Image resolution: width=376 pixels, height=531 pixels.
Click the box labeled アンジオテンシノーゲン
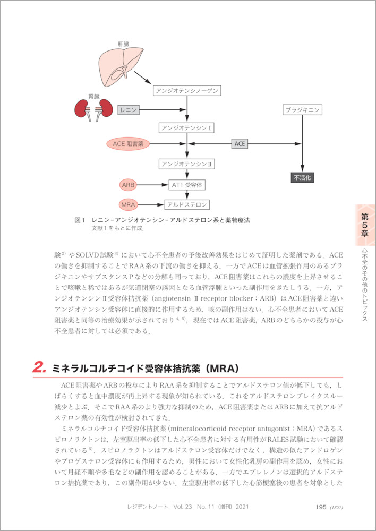(x=186, y=91)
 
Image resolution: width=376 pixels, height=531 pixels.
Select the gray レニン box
(x=129, y=110)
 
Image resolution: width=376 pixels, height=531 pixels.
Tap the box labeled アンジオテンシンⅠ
(x=186, y=127)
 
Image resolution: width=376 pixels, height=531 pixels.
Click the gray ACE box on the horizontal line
(x=240, y=143)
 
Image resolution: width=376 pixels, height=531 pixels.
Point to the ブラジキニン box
(x=302, y=110)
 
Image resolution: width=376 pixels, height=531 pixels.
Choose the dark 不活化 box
(x=302, y=177)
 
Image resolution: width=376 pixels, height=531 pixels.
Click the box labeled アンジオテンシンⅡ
(x=186, y=164)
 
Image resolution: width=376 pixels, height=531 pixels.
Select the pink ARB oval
(x=128, y=185)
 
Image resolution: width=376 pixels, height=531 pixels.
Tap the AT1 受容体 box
(x=187, y=185)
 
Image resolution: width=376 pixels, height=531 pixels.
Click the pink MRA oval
(x=128, y=204)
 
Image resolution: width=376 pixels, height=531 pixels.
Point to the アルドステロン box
(x=187, y=204)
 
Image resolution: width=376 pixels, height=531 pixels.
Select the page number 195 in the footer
(x=320, y=507)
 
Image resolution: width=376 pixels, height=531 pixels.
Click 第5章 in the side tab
(x=365, y=225)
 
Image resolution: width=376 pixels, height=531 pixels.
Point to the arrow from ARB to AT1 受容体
(x=152, y=185)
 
